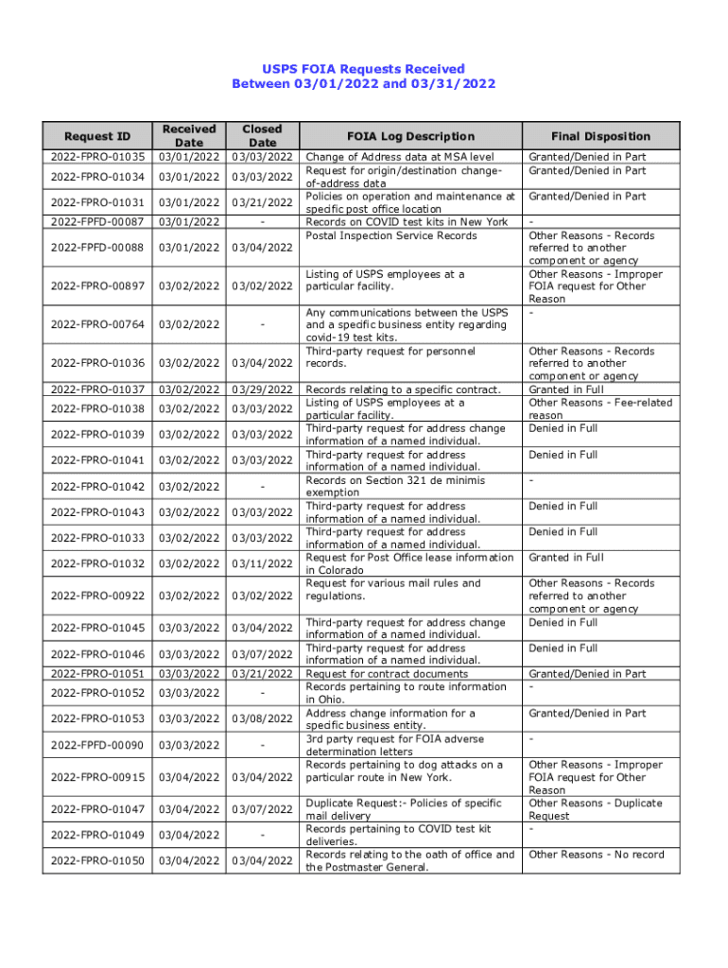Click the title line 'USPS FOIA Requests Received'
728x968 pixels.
(x=363, y=68)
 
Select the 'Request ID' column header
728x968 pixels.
(x=97, y=136)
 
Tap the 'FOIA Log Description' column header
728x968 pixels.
(x=410, y=136)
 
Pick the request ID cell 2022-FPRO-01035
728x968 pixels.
(x=97, y=157)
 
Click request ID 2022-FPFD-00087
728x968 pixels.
(x=97, y=221)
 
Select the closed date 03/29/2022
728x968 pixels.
(x=262, y=389)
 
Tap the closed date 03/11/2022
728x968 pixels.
(x=262, y=563)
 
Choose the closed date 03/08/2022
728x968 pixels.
(x=262, y=719)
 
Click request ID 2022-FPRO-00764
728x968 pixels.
(x=97, y=324)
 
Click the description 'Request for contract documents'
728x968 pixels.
(x=387, y=674)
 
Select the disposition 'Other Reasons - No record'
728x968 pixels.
(x=597, y=855)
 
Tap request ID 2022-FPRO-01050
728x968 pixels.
(x=97, y=860)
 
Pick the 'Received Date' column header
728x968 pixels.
(x=189, y=136)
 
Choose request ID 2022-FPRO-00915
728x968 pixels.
(x=97, y=777)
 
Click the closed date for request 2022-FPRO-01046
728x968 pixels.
(x=262, y=654)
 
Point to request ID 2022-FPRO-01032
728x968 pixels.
(x=97, y=563)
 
